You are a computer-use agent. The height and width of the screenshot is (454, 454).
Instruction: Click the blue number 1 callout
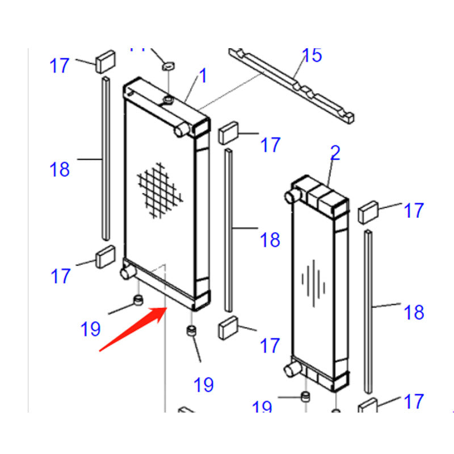[203, 76]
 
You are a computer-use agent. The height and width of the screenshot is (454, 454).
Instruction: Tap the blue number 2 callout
[335, 153]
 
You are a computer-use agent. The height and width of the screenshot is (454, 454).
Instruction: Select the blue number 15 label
[312, 56]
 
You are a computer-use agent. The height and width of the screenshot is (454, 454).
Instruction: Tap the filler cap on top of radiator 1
[169, 100]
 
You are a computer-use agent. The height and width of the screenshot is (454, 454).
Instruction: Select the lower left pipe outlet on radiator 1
[126, 273]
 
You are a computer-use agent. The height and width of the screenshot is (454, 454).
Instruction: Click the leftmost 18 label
[60, 169]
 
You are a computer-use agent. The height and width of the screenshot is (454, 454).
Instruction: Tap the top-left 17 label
[60, 65]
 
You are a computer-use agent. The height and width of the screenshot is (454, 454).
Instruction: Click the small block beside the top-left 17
[106, 61]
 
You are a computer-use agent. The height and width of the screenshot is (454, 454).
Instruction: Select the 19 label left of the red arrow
[91, 328]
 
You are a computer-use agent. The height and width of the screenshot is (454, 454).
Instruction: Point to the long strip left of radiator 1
[106, 159]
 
